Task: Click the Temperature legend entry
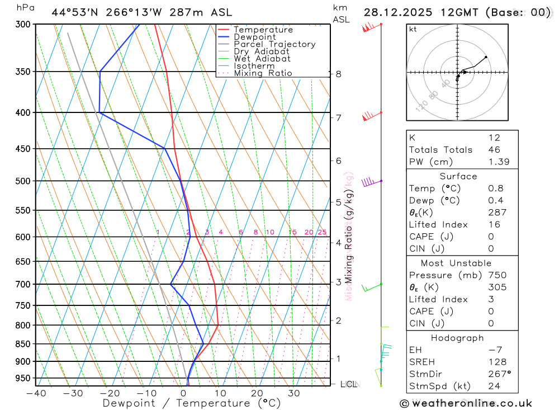coord(263,30)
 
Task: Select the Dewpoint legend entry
coord(254,37)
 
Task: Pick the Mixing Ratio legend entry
coord(263,73)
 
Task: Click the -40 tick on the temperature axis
coord(36,394)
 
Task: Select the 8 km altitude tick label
coord(338,74)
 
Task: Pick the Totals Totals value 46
coord(494,150)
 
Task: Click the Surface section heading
coord(458,176)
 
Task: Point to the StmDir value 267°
coord(498,374)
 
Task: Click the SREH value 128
coord(496,362)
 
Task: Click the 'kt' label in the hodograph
coord(413,29)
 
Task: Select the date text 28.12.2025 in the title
coord(400,12)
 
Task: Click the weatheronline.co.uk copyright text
coord(466,403)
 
